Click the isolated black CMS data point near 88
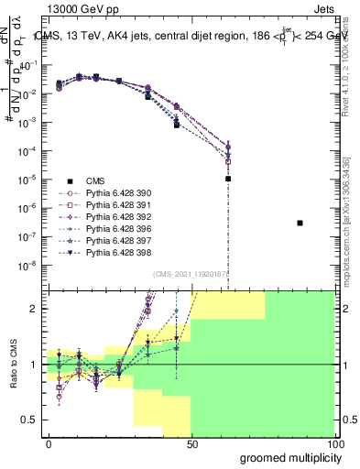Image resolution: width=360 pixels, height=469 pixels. (x=300, y=223)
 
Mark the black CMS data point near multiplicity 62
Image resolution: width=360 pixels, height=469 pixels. (x=227, y=179)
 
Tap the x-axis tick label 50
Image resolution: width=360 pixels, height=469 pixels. (x=192, y=443)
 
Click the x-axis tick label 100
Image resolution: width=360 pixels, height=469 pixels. (x=334, y=443)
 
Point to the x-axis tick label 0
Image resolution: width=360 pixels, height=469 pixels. (x=49, y=443)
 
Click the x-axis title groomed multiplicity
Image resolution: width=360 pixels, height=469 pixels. (x=285, y=457)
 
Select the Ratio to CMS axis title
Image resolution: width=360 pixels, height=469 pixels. (x=12, y=365)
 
